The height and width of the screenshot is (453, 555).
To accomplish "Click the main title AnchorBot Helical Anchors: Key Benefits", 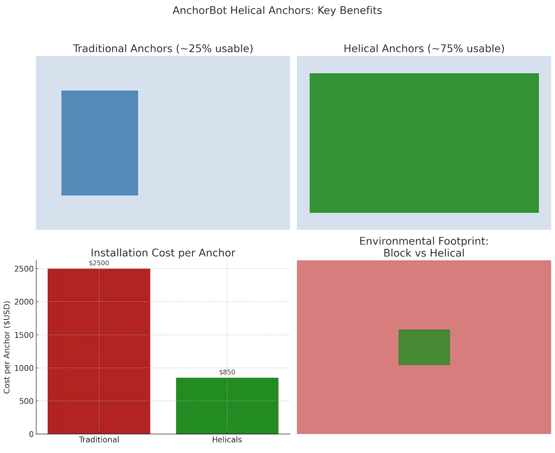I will point(277,10).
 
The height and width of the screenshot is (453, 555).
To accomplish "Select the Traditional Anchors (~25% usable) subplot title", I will point(163,48).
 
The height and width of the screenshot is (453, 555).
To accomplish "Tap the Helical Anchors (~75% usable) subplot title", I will point(424,48).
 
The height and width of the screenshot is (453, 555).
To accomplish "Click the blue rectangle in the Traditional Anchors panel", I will point(100,143).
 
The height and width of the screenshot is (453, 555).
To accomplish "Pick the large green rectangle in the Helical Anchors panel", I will point(424,143).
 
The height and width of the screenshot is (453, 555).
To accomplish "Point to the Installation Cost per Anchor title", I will point(163,252).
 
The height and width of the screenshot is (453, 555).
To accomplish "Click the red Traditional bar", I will point(99,351).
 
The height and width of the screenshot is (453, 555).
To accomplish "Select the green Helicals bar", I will point(227,406).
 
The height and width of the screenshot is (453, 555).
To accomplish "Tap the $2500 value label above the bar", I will point(99,263).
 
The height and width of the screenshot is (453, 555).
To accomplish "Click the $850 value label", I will point(227,372).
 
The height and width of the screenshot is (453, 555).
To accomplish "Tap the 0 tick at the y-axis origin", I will point(31,434).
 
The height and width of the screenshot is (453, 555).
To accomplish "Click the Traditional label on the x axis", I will point(99,440).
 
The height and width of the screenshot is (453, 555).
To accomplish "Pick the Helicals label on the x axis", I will point(227,440).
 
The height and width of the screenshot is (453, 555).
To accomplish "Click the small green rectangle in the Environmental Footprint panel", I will point(424,347).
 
